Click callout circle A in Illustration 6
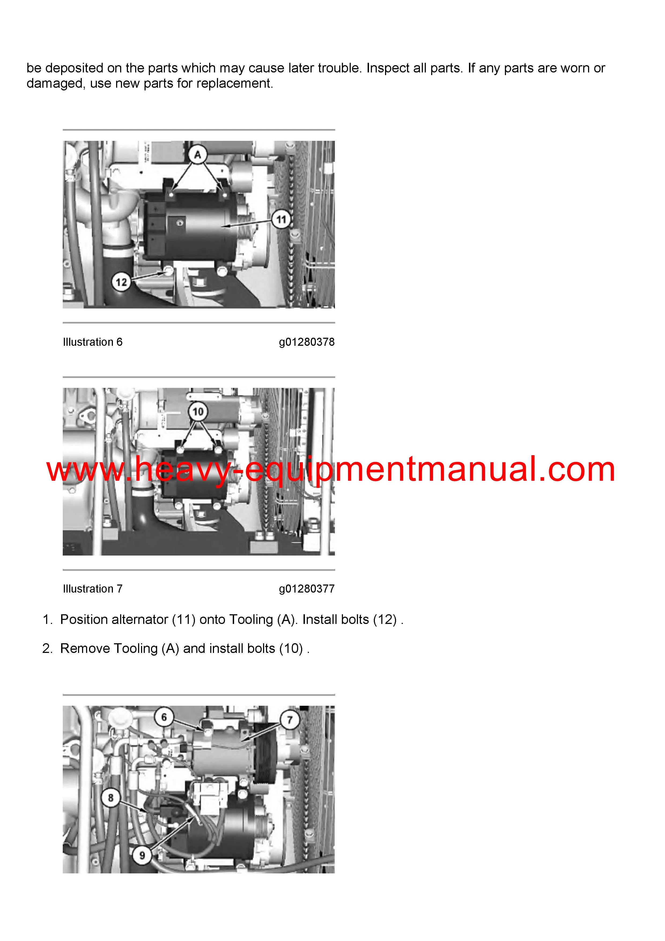[198, 155]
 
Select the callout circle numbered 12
[121, 282]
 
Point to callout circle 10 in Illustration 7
[198, 411]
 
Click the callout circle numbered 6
[164, 717]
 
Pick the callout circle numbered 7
[290, 720]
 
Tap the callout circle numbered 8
[110, 797]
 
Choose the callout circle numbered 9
[142, 855]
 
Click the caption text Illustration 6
[93, 342]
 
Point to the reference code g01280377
[307, 589]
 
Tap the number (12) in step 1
[385, 619]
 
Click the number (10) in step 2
[291, 648]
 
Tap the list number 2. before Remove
[47, 648]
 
